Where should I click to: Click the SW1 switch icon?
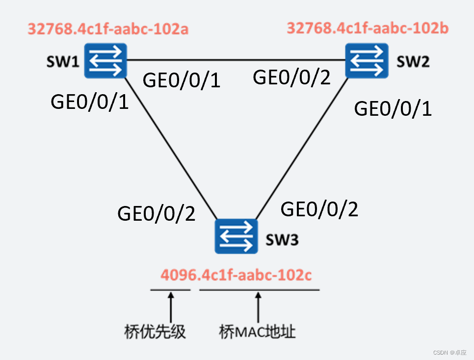(105, 61)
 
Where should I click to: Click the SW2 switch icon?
(366, 61)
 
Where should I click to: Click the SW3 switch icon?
(236, 236)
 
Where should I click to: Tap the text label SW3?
(282, 240)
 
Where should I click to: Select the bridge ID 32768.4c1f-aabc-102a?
(108, 29)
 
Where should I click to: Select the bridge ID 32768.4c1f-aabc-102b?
(367, 28)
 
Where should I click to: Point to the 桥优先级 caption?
(155, 332)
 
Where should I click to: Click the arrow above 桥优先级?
(170, 307)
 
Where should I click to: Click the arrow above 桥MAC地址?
(258, 307)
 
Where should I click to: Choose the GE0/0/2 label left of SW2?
(291, 77)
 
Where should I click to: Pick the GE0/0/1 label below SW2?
(393, 108)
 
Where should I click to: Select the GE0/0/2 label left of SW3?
(157, 213)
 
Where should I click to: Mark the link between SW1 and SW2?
(236, 60)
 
